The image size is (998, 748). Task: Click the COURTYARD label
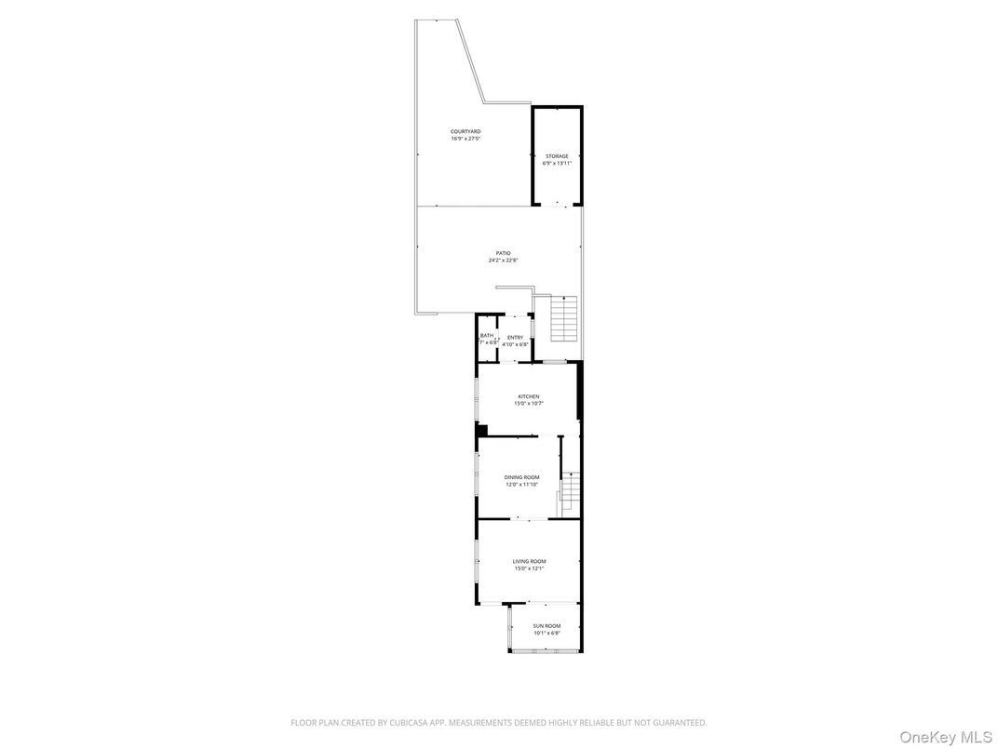(x=465, y=131)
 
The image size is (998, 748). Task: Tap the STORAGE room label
(x=557, y=156)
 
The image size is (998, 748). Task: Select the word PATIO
(x=503, y=253)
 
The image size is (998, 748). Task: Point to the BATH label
(x=487, y=336)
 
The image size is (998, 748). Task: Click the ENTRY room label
(x=515, y=338)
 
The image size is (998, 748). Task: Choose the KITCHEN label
(x=529, y=396)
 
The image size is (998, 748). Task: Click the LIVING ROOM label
(x=529, y=561)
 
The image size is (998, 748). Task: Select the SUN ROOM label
(x=546, y=626)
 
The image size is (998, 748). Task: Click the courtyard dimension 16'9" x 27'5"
(x=465, y=139)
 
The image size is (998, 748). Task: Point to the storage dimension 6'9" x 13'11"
(x=557, y=164)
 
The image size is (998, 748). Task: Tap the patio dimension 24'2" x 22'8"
(x=503, y=260)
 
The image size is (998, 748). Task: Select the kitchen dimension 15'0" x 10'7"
(x=529, y=404)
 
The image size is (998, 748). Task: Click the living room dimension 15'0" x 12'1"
(x=529, y=568)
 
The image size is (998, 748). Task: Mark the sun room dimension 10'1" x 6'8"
(x=546, y=634)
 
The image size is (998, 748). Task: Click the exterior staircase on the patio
(x=565, y=319)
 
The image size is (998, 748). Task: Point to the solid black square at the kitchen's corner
(x=482, y=429)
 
